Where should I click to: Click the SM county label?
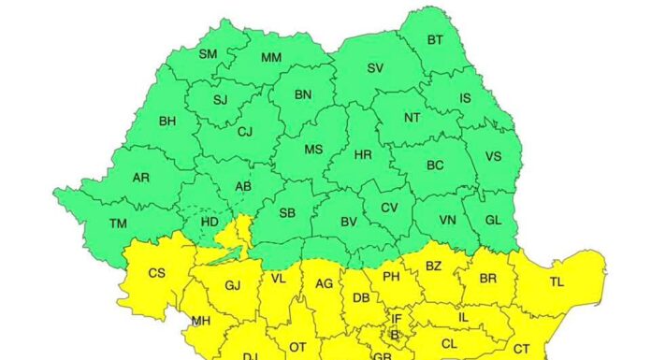[x=208, y=53]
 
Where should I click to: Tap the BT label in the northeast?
[x=435, y=39]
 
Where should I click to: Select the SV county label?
[x=375, y=67]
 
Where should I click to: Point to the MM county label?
[x=271, y=58]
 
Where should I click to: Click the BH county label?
[x=167, y=121]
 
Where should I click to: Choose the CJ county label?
[x=245, y=132]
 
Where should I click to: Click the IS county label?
[x=465, y=97]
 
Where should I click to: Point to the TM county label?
[x=118, y=223]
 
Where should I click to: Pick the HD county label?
[x=210, y=223]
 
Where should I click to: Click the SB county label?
[x=287, y=213]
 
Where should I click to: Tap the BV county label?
[x=348, y=222]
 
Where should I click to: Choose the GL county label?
[x=493, y=222]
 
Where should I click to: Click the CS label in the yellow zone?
[x=157, y=273]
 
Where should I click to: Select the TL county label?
[x=557, y=281]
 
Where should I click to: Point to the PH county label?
[x=391, y=277]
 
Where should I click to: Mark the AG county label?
[x=324, y=284]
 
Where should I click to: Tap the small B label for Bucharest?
[x=395, y=335]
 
